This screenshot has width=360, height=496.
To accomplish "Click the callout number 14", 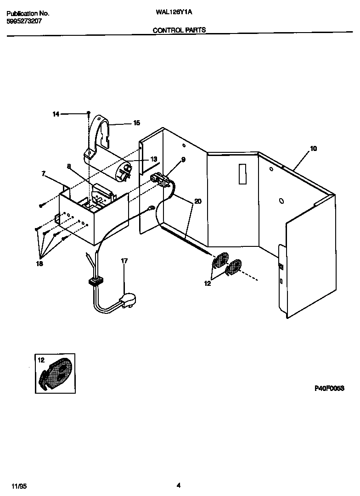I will (x=56, y=114).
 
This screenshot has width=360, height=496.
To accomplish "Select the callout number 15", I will (x=136, y=123).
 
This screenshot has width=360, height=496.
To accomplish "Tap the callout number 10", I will (x=313, y=149).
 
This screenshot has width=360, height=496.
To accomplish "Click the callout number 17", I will (x=124, y=261).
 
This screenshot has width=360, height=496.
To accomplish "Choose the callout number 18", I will (x=40, y=264).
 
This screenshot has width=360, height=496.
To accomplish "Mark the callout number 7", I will (x=44, y=174).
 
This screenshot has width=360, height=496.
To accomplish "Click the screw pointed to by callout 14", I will (x=88, y=113).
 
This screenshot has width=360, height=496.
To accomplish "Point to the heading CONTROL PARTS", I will (x=179, y=30).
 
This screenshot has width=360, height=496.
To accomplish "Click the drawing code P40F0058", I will (x=329, y=388).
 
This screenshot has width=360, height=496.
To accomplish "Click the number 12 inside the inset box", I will (x=41, y=360).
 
